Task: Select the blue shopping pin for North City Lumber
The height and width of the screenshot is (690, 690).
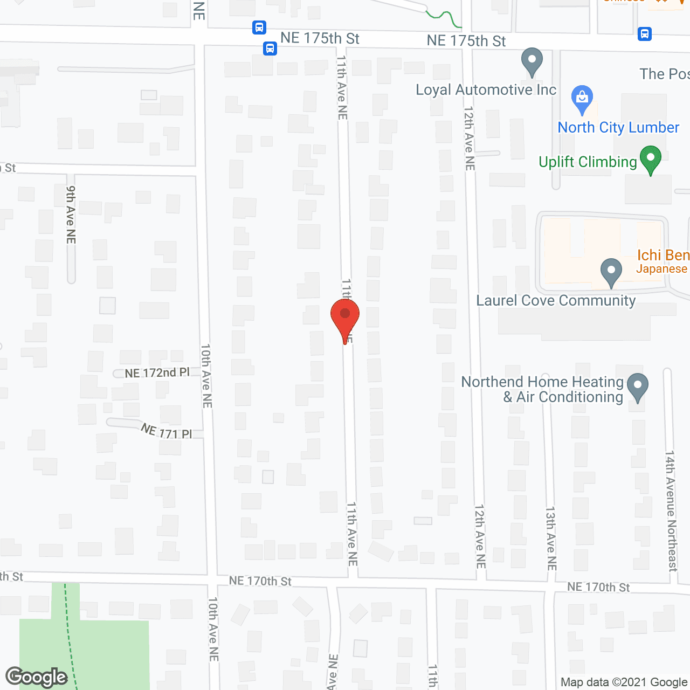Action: point(582,98)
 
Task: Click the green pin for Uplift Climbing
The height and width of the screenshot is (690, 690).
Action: point(650,159)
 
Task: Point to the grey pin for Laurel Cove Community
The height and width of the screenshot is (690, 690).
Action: point(611,272)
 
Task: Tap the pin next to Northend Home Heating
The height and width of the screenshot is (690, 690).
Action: point(638,387)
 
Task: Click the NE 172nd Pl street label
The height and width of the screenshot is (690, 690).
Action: point(157,373)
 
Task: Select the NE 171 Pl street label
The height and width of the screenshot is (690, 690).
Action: point(166,431)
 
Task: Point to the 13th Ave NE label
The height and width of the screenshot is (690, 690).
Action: point(551,538)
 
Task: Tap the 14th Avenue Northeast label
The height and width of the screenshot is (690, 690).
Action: point(671,510)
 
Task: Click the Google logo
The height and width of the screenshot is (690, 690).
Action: point(37,677)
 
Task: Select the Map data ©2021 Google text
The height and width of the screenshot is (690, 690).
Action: point(624,682)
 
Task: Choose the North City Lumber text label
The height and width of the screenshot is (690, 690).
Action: point(618,128)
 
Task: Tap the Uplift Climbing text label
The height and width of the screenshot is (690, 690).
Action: point(588,162)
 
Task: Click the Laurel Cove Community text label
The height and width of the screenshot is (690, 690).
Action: point(556,301)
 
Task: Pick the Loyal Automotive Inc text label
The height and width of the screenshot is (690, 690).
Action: point(486,90)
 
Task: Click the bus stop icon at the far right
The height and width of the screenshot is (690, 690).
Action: point(645,34)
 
